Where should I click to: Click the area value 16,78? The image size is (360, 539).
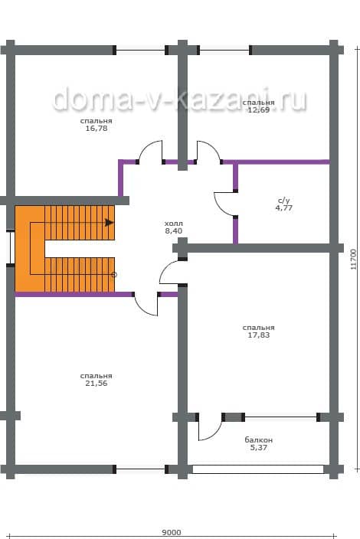pyautogui.click(x=97, y=129)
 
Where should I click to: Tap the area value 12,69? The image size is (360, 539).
pyautogui.click(x=259, y=110)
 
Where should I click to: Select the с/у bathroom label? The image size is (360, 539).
pyautogui.click(x=283, y=201)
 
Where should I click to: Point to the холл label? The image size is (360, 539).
pyautogui.click(x=174, y=224)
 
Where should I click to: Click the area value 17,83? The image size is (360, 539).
pyautogui.click(x=259, y=335)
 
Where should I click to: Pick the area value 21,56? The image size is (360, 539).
pyautogui.click(x=97, y=384)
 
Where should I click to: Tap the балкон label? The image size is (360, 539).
pyautogui.click(x=259, y=440)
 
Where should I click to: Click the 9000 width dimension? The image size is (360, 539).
pyautogui.click(x=172, y=532)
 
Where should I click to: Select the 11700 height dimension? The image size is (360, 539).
pyautogui.click(x=353, y=260)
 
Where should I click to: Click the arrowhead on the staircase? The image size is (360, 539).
pyautogui.click(x=110, y=222)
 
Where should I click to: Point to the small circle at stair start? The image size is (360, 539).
pyautogui.click(x=114, y=275)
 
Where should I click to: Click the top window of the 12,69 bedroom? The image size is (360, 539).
pyautogui.click(x=224, y=51)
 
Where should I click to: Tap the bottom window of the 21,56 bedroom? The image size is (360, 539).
pyautogui.click(x=141, y=469)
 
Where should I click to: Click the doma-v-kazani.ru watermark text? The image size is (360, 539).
pyautogui.click(x=179, y=99)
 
